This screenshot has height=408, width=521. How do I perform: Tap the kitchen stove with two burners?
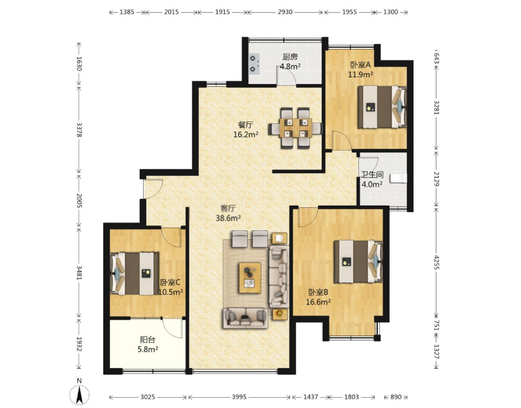coord(254,63)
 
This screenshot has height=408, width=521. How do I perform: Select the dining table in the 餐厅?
coord(296,128)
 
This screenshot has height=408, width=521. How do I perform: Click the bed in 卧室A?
coord(382,106)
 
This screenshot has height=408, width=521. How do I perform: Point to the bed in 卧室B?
coord(358,262)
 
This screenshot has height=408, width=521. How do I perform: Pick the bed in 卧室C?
coord(134,273)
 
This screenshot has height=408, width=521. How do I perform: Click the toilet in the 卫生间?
coord(398,178)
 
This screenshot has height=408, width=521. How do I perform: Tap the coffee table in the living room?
coord(250,278)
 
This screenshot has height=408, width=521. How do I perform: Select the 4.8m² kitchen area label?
coord(290,66)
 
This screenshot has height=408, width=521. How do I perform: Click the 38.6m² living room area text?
coord(228,218)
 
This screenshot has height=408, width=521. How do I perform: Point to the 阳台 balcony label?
coord(147,340)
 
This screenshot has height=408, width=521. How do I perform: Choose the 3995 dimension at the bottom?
coord(239,397)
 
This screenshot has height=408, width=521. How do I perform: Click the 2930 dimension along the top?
coord(285,12)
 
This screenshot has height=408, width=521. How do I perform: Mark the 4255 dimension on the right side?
coord(436,262)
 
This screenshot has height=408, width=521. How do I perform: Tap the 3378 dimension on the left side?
coord(79,129)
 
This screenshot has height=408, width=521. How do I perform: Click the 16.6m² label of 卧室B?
coord(318,302)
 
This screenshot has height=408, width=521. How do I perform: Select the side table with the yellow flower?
coord(280,313)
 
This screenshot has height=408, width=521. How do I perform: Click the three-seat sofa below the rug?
coord(245,318)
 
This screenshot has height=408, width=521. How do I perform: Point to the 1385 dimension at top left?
coord(127,12)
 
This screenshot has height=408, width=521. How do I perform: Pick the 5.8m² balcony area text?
coord(147,349)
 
